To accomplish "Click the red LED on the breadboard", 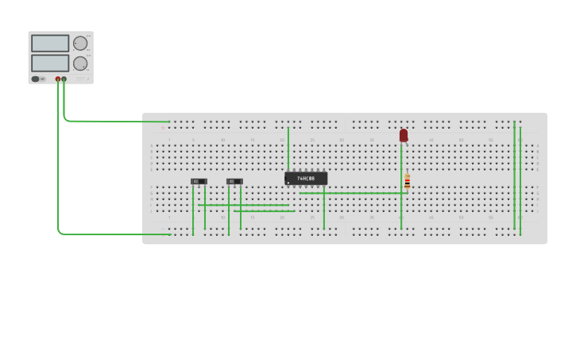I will point(404,135).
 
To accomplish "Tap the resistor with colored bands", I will point(408,182).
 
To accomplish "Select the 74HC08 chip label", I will point(306,179).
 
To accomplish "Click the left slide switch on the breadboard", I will point(199,181).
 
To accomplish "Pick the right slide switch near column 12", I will point(234,181).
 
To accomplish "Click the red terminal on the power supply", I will point(58,79).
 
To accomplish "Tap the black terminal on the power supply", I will point(64,79).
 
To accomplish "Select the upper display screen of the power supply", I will point(50,44).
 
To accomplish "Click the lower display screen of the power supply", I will point(50,63).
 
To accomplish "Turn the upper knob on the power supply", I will point(80,44).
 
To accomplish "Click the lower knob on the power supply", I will point(80,63).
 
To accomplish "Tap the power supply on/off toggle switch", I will point(37,79).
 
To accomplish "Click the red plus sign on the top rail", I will point(163,127).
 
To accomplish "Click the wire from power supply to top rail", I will point(111,121).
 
